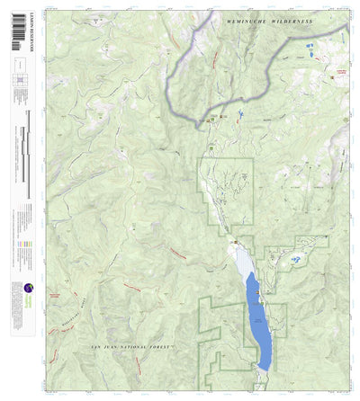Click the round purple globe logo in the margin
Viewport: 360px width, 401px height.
coord(18,290)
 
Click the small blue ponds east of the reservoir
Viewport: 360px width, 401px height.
coord(294,260)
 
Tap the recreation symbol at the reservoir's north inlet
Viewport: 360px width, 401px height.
coord(237,240)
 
